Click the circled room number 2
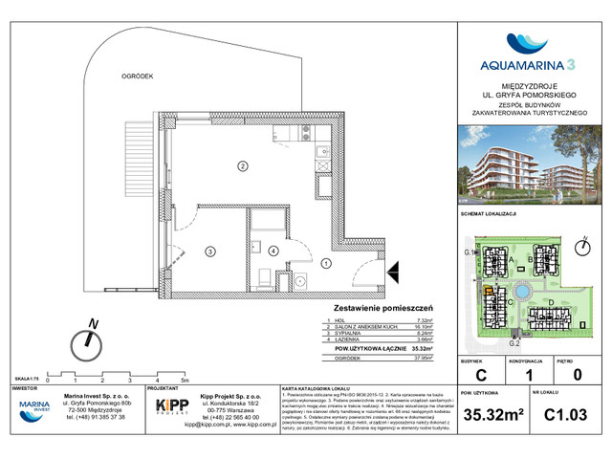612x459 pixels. pyautogui.click(x=243, y=166)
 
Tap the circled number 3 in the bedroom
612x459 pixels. pyautogui.click(x=208, y=251)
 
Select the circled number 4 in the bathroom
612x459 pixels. pyautogui.click(x=274, y=251)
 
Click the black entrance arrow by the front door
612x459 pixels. pyautogui.click(x=392, y=277)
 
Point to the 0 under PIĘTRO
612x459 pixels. pyautogui.click(x=576, y=376)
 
